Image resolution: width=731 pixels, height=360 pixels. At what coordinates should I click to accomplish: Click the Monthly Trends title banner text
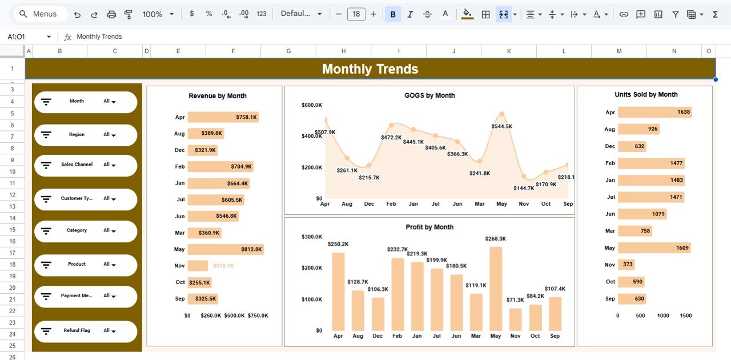coord(370,69)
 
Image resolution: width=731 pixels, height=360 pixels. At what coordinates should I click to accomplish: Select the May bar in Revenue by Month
coord(225,249)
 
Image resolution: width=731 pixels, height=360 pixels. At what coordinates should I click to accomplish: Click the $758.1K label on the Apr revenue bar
coord(246,117)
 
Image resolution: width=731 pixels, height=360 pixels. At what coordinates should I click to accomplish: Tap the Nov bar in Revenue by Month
coord(198,266)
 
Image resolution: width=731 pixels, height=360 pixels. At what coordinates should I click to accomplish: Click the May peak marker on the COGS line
coord(501,114)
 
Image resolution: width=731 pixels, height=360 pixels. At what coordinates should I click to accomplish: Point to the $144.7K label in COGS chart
coord(523,188)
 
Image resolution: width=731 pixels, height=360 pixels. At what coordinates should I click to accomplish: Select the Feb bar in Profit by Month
coord(397,294)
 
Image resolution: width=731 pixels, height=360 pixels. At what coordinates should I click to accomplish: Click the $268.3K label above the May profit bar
coord(495,239)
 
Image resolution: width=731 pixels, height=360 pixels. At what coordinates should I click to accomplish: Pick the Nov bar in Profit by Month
coord(515,319)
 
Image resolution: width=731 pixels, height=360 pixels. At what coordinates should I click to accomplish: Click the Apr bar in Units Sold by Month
coord(654,112)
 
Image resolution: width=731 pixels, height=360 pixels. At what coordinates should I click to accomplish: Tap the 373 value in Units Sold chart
coord(628,265)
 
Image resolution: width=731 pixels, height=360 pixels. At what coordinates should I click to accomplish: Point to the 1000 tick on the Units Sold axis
coord(662,315)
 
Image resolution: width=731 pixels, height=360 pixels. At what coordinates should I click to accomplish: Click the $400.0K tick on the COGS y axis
coord(311,136)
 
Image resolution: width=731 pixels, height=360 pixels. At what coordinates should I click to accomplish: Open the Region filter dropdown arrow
coord(114,135)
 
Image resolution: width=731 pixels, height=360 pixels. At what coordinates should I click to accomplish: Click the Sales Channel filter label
coord(77,165)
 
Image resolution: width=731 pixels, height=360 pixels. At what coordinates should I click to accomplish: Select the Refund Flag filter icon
coord(46,331)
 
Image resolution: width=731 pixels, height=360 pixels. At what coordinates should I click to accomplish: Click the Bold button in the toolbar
coord(392,14)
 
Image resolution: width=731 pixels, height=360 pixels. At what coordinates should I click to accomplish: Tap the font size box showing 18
coord(356,14)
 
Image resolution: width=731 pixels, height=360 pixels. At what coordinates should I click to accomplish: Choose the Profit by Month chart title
coord(429,227)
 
